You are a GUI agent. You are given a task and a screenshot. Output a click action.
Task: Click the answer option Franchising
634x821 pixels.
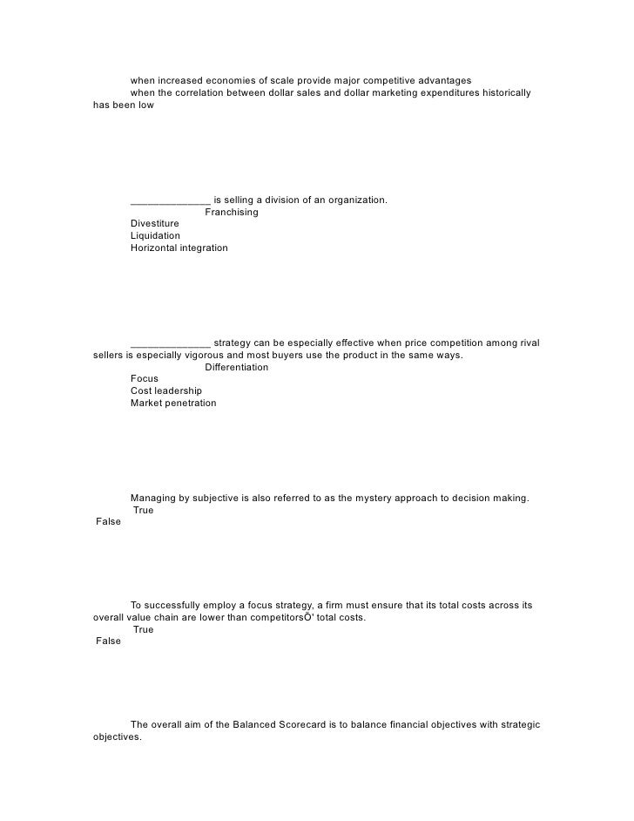point(231,212)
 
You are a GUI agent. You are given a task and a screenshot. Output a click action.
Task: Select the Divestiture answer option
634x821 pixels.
point(155,224)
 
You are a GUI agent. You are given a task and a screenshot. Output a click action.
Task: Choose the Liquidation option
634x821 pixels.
point(155,236)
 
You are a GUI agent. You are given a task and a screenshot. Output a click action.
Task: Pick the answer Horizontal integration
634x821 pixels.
point(179,248)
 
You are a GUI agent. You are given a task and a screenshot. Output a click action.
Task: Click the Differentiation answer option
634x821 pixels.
point(236,367)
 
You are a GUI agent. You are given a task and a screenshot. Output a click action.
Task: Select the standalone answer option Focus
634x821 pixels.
point(145,379)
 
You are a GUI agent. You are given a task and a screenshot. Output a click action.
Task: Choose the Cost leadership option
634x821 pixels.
point(166,391)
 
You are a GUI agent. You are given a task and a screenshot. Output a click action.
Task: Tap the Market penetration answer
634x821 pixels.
point(173,404)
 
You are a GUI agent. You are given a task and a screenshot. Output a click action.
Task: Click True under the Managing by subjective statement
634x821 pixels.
point(144,510)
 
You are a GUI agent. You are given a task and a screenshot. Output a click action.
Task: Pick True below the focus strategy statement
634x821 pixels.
point(144,629)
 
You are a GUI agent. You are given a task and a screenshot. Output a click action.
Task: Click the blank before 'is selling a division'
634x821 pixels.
point(170,201)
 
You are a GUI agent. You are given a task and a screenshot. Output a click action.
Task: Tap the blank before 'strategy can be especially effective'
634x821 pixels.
point(170,343)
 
